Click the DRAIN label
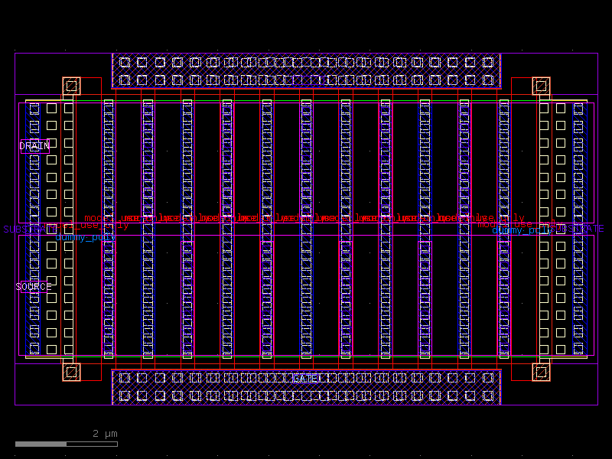[34, 146]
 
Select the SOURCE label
[34, 287]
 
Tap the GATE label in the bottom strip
[306, 379]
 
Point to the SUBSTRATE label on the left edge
[23, 229]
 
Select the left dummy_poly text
[86, 237]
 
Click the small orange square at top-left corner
[71, 86]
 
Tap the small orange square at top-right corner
[541, 86]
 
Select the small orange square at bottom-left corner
[71, 372]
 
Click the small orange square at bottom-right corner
[541, 372]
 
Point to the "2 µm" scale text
[106, 434]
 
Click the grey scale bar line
[66, 444]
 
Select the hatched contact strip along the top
[306, 71]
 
